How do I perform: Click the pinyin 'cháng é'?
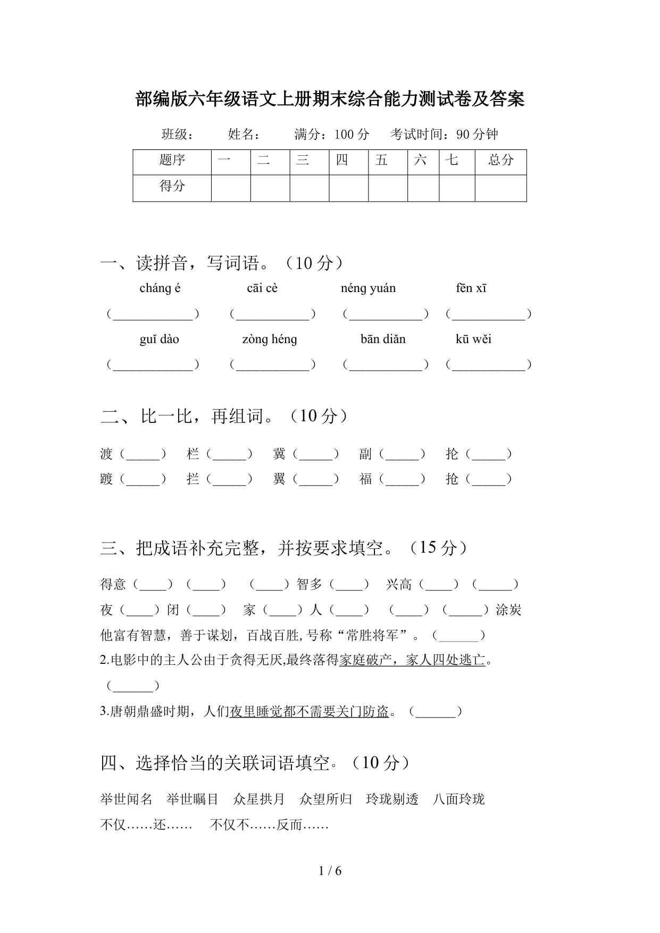coord(160,288)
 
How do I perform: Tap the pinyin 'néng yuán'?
coord(368,288)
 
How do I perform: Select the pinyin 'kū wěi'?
coord(473,339)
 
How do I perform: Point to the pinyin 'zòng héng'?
coord(269,339)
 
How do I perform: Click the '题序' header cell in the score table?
coord(172,160)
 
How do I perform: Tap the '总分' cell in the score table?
coord(500,160)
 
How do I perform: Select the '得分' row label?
coord(172,186)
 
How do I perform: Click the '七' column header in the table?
coord(452,160)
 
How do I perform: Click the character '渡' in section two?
coord(106,454)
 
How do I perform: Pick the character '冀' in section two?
coord(279,454)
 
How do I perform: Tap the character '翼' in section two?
coord(279,479)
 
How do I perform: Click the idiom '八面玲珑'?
coord(458,799)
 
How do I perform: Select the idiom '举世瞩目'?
coord(192,799)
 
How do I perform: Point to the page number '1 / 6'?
coord(330,871)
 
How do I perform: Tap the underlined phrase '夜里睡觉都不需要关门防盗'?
coord(309,712)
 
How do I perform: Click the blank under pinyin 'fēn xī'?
coord(489,315)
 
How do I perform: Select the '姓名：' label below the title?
coord(244,135)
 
